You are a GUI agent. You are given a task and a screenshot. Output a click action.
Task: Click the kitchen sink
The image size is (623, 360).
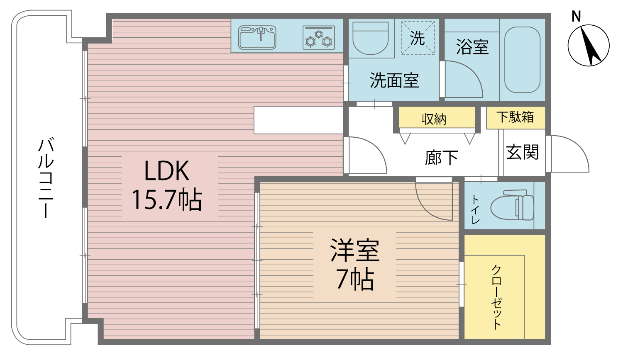pos(257,37)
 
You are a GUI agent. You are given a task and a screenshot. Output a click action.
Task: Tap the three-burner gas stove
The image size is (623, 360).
pos(319,38)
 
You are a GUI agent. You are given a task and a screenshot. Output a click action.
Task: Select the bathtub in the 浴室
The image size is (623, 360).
pos(522,60)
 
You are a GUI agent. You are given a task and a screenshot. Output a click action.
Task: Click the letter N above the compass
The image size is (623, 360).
pos(576,17)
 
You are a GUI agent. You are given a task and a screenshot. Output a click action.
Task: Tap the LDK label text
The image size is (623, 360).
pos(166,170)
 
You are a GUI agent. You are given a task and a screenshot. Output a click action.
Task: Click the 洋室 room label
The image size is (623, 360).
pos(355,250)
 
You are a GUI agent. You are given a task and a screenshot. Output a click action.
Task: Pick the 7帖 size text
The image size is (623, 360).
pos(355,279)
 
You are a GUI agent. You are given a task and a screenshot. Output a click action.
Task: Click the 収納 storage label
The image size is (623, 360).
pos(434,119)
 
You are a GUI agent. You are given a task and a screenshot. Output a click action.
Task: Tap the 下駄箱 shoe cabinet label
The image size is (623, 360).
pos(515,117)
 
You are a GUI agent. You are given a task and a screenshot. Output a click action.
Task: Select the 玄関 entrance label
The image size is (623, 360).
pos(522,152)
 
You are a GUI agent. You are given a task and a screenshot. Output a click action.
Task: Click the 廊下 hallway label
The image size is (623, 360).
pos(441,158)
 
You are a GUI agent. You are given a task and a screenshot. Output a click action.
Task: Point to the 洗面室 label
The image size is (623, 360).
pos(394,80)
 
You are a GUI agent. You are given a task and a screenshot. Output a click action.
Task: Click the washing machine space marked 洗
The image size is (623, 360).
pos(418,38)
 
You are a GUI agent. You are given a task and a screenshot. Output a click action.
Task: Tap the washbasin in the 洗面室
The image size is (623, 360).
pos(371,39)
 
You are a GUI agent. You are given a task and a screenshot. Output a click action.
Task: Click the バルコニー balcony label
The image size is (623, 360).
pos(46,178)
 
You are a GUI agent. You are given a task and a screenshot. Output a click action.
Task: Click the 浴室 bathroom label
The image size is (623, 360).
pos(472,47)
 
